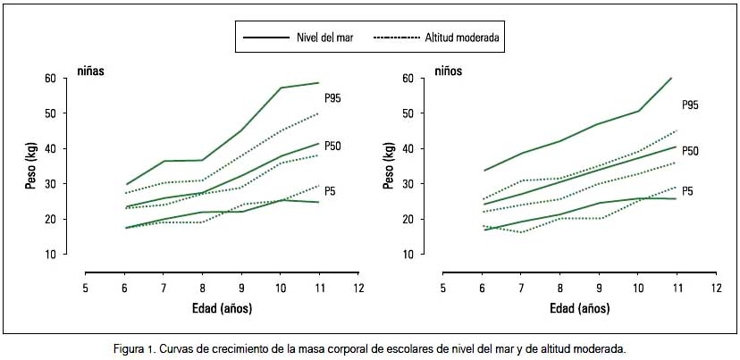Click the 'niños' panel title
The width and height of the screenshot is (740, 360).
(x=449, y=69)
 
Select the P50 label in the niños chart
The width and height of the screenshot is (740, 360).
(x=690, y=151)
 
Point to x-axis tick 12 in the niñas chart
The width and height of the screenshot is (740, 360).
(x=358, y=289)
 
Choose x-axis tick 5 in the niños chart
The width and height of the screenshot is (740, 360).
(x=442, y=289)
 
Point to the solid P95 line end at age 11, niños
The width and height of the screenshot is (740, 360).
(x=671, y=78)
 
